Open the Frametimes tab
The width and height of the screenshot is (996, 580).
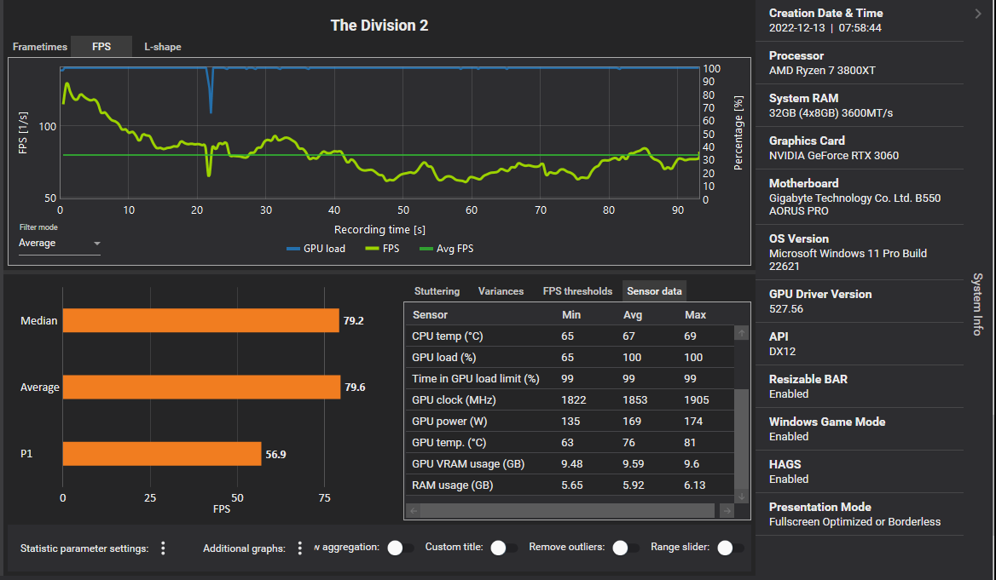[39, 47]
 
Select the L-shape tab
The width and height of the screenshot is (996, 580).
[162, 47]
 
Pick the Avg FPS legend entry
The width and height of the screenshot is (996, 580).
[448, 249]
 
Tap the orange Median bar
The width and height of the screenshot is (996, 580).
[200, 321]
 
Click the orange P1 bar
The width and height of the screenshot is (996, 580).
[162, 454]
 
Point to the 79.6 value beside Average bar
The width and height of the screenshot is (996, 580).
[356, 388]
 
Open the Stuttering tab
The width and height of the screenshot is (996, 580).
[437, 291]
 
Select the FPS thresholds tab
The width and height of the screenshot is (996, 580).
[577, 291]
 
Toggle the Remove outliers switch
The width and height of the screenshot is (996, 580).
[626, 548]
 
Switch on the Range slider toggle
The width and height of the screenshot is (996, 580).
[731, 548]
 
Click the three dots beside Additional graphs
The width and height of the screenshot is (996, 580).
[299, 548]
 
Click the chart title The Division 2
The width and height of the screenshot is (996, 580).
[379, 26]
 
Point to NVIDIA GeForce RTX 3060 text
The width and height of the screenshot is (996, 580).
[833, 156]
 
